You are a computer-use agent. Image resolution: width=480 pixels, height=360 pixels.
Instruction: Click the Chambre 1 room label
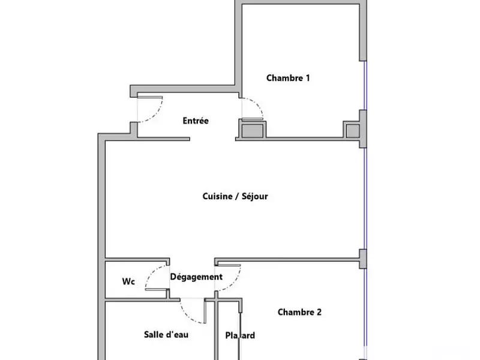[x=288, y=78]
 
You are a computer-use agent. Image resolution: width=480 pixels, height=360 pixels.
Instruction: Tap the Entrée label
[x=196, y=121]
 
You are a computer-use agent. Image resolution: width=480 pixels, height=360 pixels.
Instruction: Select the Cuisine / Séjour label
[x=235, y=196]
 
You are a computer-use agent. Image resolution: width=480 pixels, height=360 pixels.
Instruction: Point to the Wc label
[x=128, y=281]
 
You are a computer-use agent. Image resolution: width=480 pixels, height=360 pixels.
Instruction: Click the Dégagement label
[x=196, y=277]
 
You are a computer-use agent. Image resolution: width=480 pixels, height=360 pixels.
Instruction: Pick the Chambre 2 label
[x=299, y=312]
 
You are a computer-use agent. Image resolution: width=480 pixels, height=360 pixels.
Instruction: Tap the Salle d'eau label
[x=166, y=334]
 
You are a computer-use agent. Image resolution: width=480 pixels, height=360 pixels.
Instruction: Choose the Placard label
[x=240, y=335]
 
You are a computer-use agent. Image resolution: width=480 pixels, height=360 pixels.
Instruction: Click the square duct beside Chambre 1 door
[x=252, y=129]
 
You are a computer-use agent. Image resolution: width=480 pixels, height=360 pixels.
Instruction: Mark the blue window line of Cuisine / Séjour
[x=365, y=198]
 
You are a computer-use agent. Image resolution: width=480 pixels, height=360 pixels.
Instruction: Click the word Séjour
[x=253, y=196]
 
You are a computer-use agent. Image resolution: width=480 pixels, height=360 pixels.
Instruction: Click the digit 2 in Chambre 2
[x=319, y=312]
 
